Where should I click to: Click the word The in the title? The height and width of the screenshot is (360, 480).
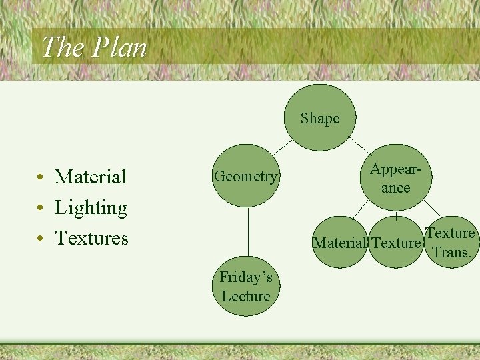point(63,47)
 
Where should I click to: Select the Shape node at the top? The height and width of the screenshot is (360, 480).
point(320,119)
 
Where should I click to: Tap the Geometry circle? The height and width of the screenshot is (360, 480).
point(245,177)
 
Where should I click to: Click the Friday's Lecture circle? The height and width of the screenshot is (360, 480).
point(247,287)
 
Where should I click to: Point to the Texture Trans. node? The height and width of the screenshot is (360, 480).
point(451,243)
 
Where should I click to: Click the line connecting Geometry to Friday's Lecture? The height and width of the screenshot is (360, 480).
point(248,233)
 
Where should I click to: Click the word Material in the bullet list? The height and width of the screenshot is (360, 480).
point(91,177)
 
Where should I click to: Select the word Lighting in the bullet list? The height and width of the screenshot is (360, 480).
point(91,208)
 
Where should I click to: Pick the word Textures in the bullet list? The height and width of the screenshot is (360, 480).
point(91,238)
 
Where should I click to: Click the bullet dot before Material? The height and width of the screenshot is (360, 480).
point(41,178)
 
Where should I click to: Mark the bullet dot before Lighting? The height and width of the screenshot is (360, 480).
point(41,209)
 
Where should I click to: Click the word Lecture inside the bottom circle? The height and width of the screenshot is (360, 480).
point(246,297)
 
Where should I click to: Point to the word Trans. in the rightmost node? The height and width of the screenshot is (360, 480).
point(452,253)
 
